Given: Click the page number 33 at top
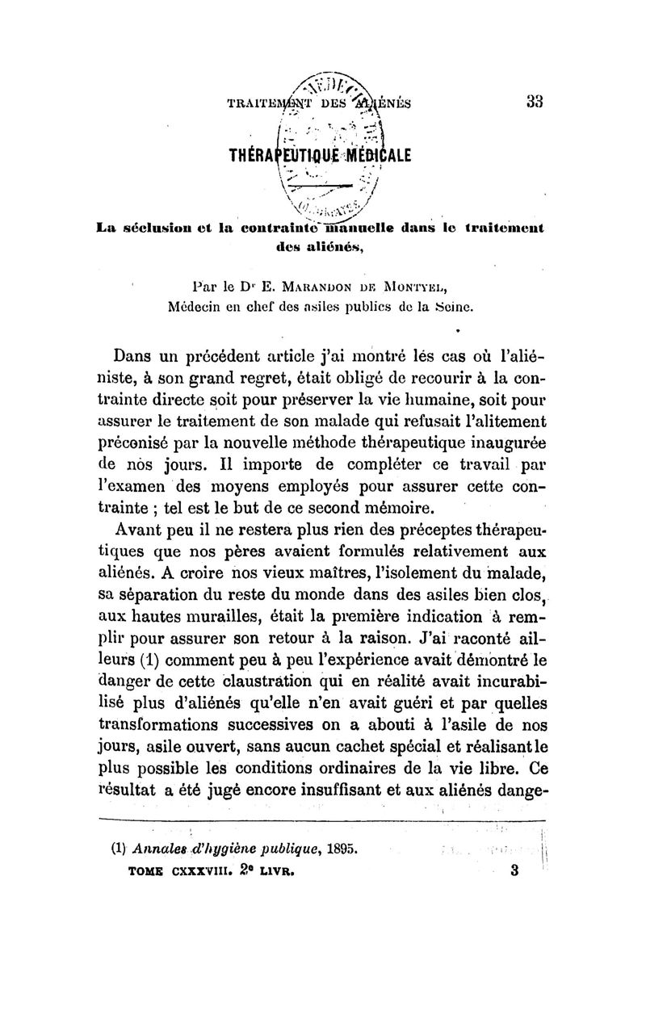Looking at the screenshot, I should (533, 103).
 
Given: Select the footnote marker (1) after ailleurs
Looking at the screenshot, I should (153, 663).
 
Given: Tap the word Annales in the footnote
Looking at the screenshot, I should (155, 849).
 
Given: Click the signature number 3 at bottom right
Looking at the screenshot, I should (514, 871).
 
